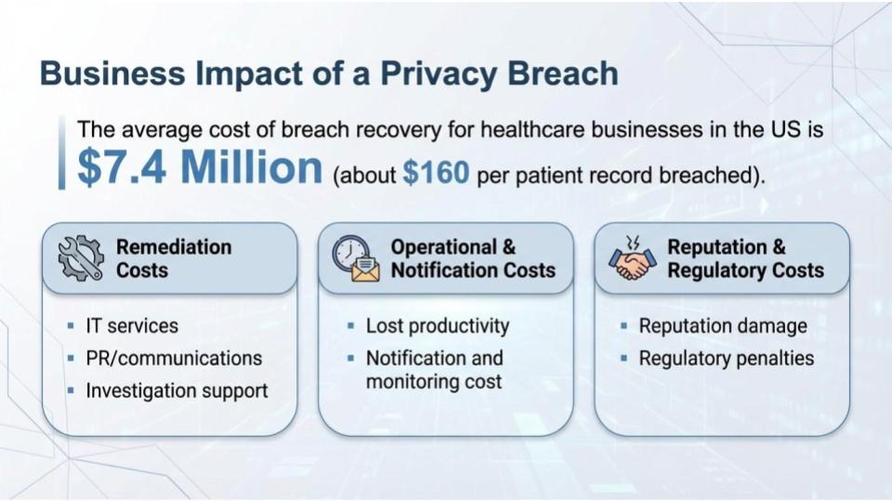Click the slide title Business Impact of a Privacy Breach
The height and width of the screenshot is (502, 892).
click(329, 73)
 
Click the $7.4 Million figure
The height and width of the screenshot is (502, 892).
click(200, 167)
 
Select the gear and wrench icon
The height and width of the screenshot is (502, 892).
click(81, 258)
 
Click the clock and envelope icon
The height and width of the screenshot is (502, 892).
click(356, 258)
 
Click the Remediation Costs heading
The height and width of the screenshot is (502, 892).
click(174, 258)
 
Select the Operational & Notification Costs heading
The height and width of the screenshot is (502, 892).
click(472, 258)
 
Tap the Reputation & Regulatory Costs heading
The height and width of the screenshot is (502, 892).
click(745, 258)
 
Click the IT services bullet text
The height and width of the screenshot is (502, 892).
click(131, 326)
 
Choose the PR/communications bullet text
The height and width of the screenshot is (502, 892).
click(174, 358)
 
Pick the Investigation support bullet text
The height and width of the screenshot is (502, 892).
click(177, 390)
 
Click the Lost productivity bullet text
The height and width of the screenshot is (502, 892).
click(438, 326)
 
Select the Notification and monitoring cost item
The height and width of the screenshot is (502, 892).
click(434, 369)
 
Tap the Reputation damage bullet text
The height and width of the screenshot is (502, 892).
click(723, 326)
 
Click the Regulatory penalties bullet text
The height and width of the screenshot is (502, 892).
click(726, 358)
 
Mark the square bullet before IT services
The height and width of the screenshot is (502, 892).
click(71, 327)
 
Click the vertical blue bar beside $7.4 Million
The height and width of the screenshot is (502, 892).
click(62, 152)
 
